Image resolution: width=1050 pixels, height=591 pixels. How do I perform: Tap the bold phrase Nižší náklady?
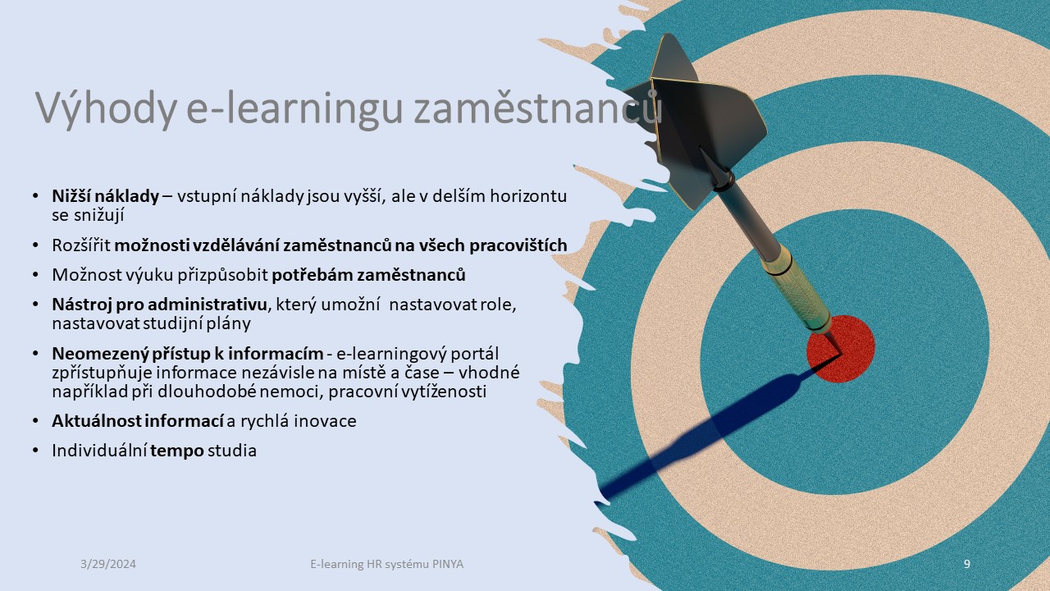click(105, 196)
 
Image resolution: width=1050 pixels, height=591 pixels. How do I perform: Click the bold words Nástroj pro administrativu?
click(160, 305)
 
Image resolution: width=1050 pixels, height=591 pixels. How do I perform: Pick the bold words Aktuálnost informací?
click(138, 421)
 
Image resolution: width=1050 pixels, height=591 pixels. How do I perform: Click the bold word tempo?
click(177, 451)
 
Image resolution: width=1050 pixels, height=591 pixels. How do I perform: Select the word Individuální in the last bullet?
click(99, 451)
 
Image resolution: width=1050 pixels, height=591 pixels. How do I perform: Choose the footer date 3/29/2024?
click(108, 564)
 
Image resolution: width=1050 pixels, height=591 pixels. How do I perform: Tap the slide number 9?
click(967, 564)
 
